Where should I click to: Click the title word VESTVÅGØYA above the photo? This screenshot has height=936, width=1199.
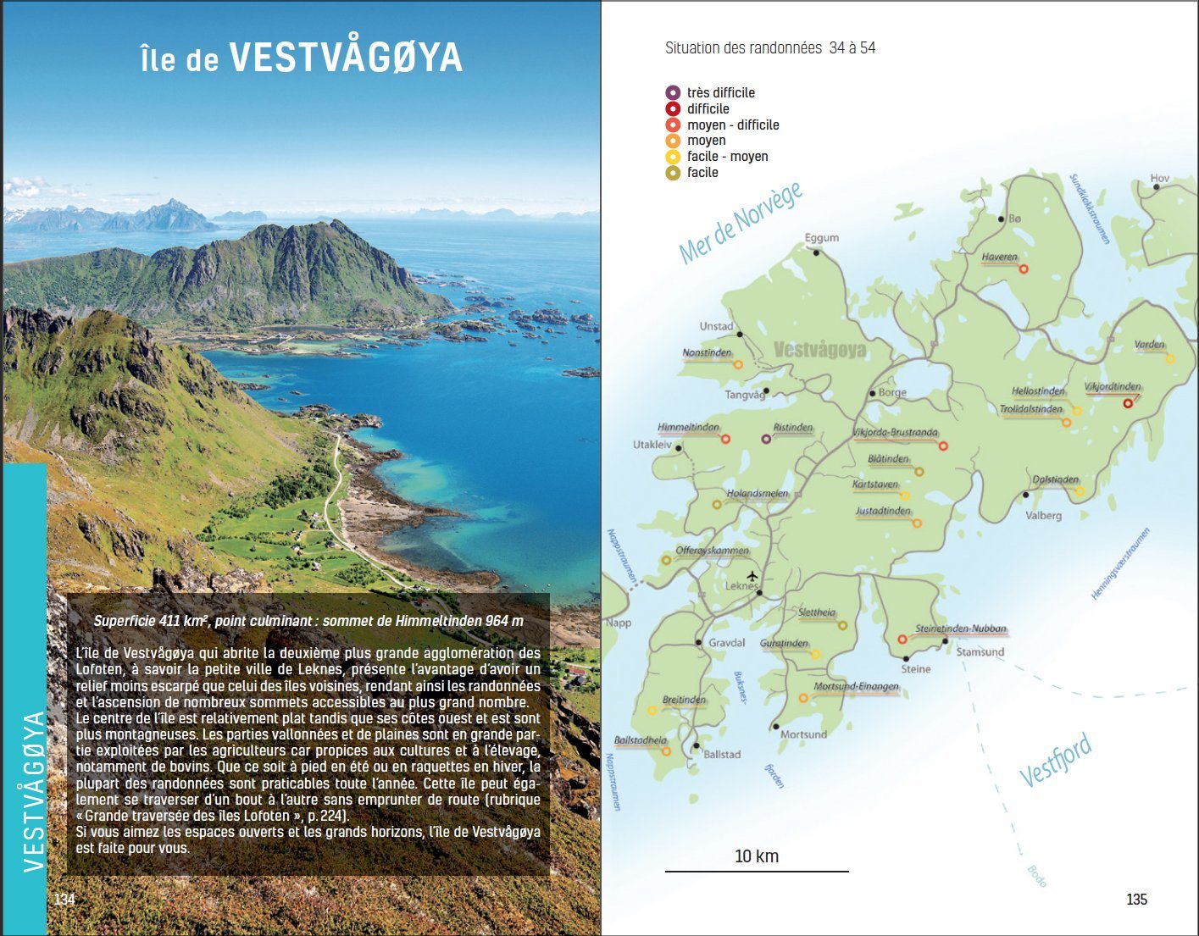pos(346,58)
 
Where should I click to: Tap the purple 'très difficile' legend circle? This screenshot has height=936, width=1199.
pos(673,92)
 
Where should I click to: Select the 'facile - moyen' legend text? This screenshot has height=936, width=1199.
pos(727,157)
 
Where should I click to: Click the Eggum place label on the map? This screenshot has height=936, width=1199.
pos(821,238)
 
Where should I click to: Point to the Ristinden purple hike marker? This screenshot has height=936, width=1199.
pos(766,439)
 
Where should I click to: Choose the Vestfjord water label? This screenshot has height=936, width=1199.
pos(1055,761)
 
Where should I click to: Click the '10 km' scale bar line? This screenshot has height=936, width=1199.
pos(756,871)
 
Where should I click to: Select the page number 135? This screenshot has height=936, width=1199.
pos(1136,900)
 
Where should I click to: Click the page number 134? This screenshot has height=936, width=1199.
pos(64,900)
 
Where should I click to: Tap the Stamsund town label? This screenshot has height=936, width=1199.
pos(980,652)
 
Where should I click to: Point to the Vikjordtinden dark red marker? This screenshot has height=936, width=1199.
pos(1128,403)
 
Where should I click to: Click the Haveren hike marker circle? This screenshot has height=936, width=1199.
pos(1023,269)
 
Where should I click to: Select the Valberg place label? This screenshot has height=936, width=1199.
pos(1043,515)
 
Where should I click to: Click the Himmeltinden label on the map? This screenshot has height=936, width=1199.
pos(688,428)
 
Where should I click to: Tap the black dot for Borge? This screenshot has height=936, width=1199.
pos(872,394)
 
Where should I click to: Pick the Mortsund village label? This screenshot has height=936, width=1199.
pos(803,734)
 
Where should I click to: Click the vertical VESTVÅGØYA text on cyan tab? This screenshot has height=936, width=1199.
pos(32,791)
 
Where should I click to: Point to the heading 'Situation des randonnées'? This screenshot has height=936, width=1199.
pos(742,48)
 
